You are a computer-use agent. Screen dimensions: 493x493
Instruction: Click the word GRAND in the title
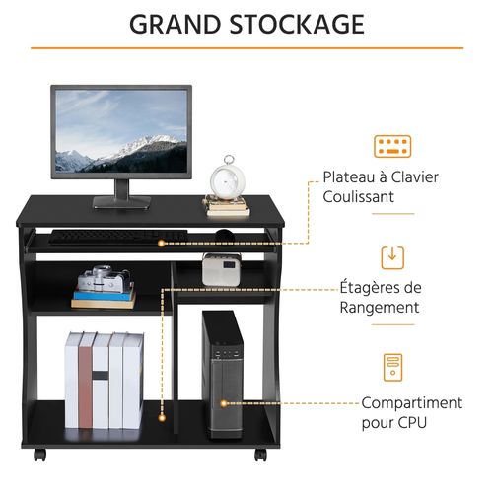click(x=175, y=24)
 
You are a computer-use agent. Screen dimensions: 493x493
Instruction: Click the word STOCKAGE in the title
click(x=297, y=24)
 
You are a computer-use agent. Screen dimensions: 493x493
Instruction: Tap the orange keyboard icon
click(x=392, y=146)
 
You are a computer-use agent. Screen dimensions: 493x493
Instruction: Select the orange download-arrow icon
click(x=392, y=257)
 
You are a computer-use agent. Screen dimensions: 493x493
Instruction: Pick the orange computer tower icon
click(x=392, y=367)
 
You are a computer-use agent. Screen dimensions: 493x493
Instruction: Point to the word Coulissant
click(x=358, y=196)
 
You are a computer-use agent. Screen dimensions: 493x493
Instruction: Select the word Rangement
click(x=380, y=308)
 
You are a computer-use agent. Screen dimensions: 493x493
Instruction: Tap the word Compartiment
click(x=412, y=403)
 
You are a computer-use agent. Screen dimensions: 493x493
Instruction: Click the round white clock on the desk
click(x=228, y=179)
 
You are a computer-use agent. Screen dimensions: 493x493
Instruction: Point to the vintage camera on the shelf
click(x=105, y=279)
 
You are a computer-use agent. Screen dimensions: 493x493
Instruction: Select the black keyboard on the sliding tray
click(x=118, y=237)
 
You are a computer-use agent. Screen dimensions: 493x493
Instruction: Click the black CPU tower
click(x=223, y=375)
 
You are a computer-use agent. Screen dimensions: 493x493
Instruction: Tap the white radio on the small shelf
click(x=221, y=269)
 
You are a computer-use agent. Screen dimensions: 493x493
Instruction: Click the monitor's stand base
click(x=122, y=202)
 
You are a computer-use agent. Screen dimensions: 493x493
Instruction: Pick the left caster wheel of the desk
click(x=39, y=456)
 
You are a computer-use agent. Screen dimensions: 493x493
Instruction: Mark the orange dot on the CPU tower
click(x=224, y=403)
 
